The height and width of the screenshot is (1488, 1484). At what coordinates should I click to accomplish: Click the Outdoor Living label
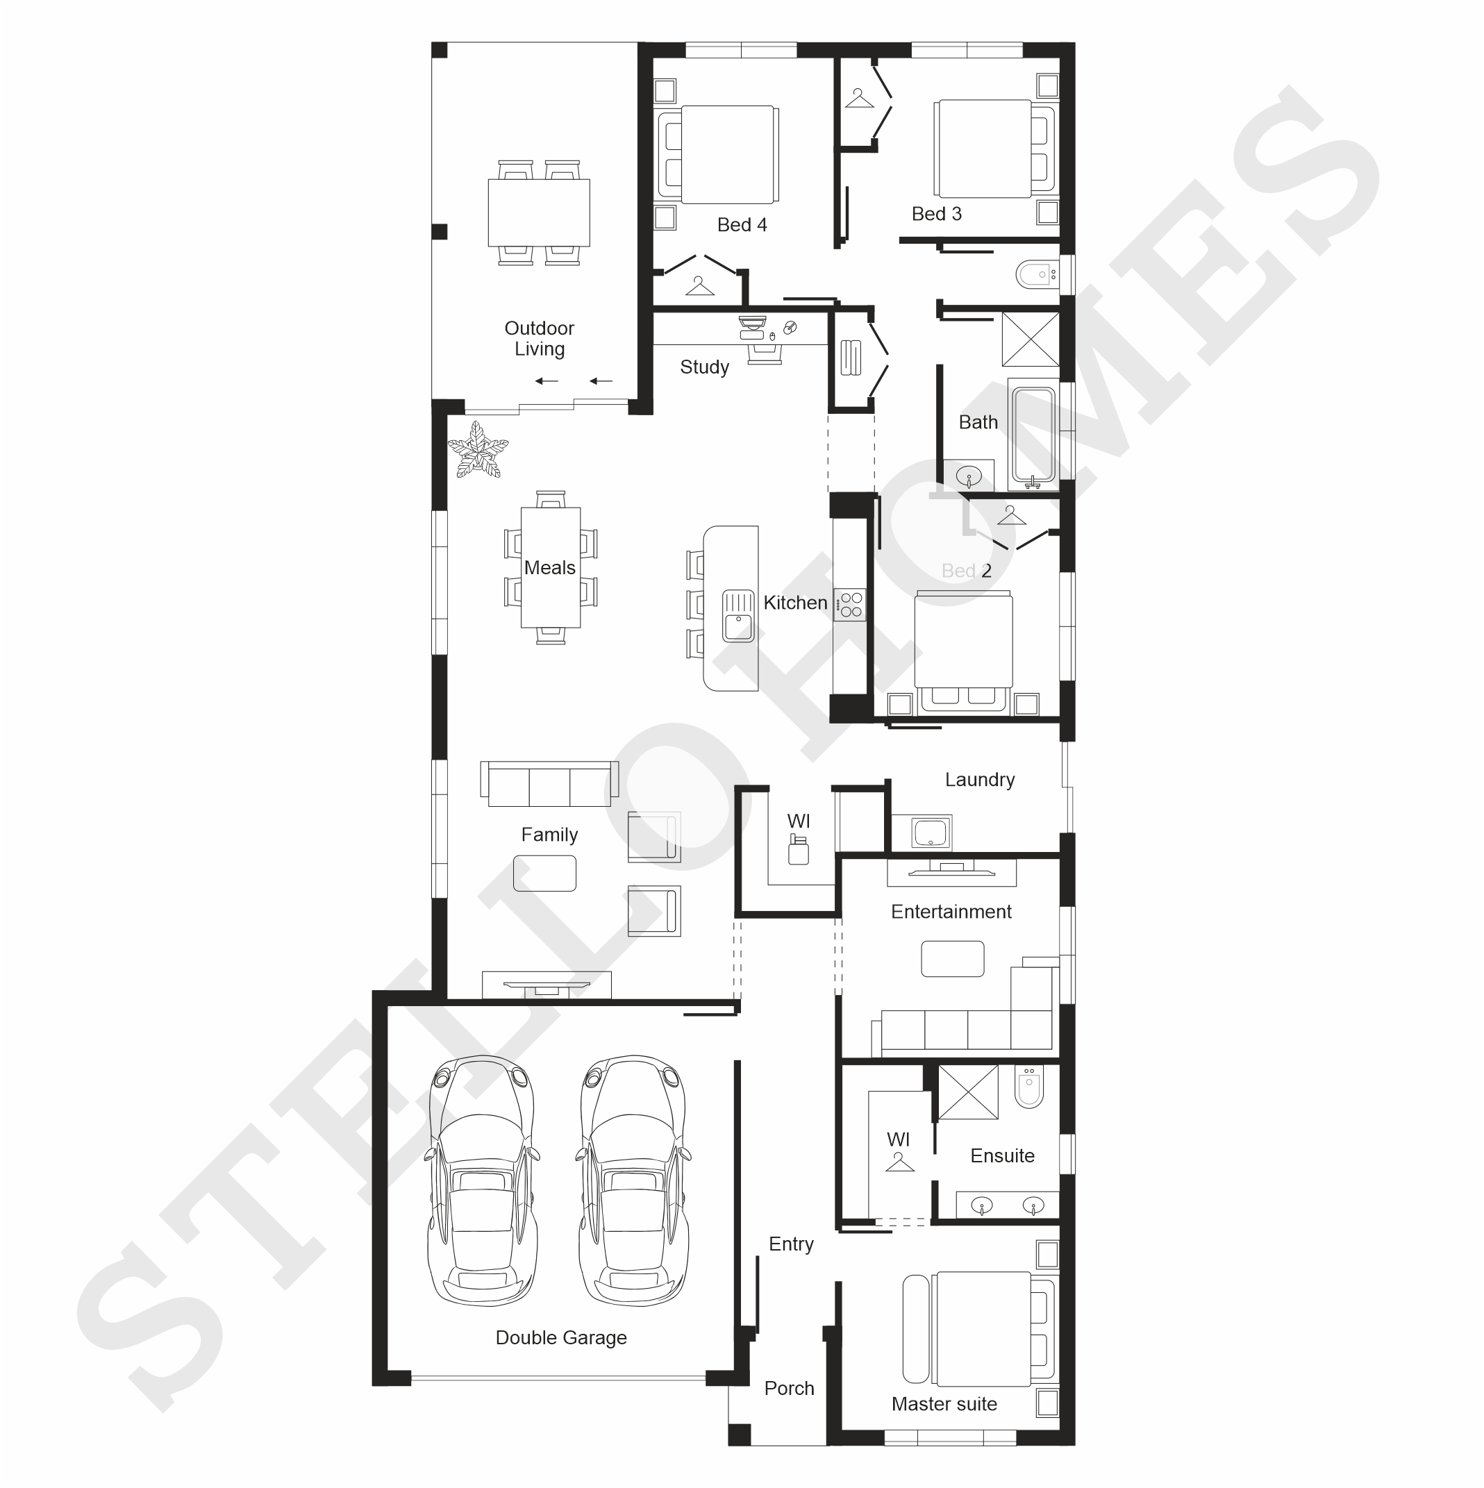click(539, 338)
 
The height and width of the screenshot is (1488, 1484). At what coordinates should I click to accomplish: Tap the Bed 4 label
click(742, 224)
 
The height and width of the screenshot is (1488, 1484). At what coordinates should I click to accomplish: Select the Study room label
click(704, 367)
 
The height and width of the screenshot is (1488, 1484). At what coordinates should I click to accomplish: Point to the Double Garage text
click(560, 1337)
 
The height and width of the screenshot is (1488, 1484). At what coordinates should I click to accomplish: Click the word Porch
click(789, 1388)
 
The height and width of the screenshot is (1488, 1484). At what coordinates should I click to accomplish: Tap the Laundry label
click(980, 780)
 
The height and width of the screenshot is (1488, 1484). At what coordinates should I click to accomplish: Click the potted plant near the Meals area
click(478, 450)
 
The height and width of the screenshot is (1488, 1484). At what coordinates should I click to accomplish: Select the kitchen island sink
click(737, 615)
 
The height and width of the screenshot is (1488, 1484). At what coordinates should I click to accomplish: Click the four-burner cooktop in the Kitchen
click(850, 605)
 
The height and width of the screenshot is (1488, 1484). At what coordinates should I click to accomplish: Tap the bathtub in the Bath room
click(1033, 435)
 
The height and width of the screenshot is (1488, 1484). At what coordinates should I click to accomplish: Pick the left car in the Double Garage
click(481, 1180)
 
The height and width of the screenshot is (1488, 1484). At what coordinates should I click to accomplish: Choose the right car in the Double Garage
click(633, 1180)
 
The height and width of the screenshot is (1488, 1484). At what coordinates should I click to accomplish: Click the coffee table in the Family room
click(544, 873)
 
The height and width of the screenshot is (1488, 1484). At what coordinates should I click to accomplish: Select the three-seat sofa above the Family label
click(549, 783)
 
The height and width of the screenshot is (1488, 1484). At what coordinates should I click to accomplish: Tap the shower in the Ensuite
click(968, 1092)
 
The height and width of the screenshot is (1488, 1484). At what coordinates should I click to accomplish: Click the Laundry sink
click(931, 832)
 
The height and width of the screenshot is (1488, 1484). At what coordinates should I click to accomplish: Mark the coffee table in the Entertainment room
click(953, 959)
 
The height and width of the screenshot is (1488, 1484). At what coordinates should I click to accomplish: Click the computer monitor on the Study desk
click(752, 322)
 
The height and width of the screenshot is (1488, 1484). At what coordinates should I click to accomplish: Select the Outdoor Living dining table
click(539, 212)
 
